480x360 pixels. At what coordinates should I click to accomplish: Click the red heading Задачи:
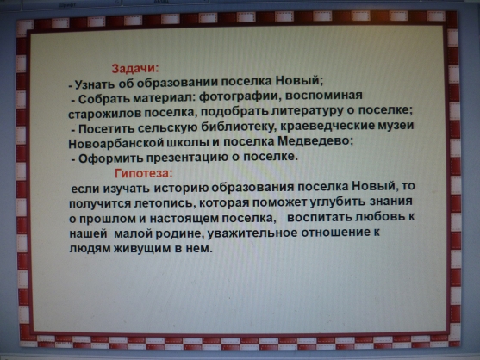(135, 69)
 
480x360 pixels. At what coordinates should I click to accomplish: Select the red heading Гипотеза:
(144, 173)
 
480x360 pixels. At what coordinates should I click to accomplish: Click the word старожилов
(104, 114)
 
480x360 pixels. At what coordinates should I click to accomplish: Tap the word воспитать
(320, 218)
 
